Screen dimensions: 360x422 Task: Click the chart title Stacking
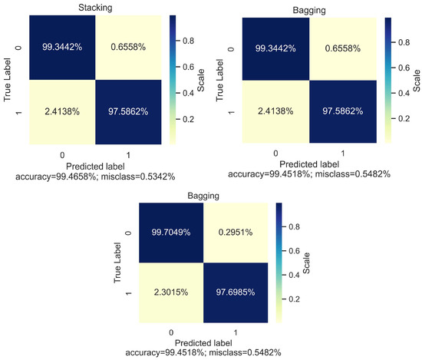pyautogui.click(x=94, y=8)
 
